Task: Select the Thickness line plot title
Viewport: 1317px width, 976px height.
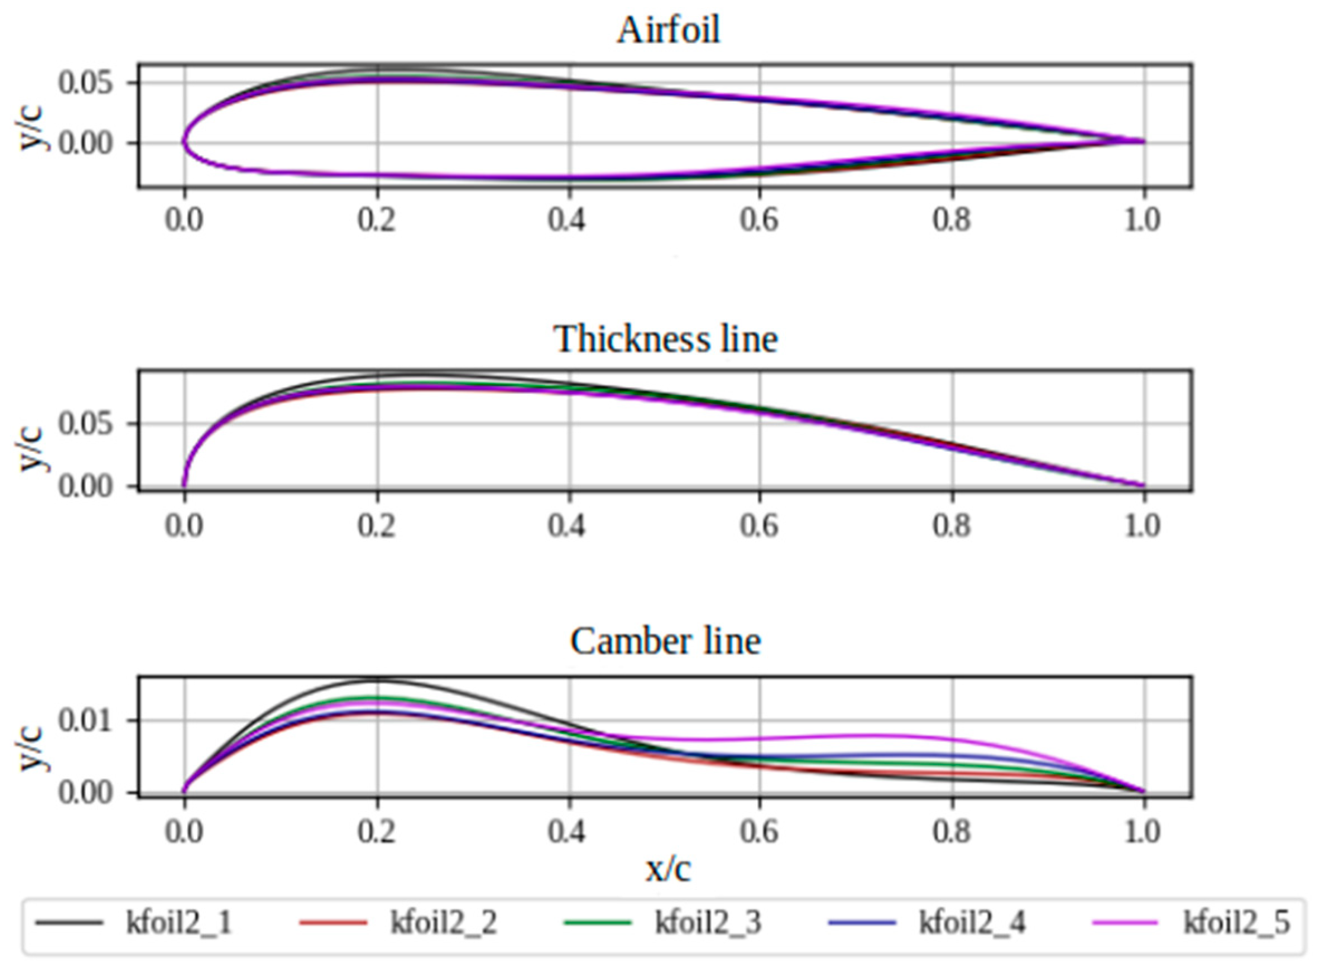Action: click(665, 339)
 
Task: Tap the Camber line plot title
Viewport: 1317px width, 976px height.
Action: click(665, 641)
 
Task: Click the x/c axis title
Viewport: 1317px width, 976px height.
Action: click(668, 869)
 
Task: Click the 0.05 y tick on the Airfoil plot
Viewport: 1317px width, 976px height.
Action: click(85, 83)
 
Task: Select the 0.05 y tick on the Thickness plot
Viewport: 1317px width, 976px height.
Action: click(85, 424)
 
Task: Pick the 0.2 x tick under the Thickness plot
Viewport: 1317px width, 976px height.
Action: click(376, 526)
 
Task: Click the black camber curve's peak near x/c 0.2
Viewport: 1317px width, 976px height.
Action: click(376, 679)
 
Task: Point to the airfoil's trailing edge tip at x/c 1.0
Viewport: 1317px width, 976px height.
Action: click(1143, 142)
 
